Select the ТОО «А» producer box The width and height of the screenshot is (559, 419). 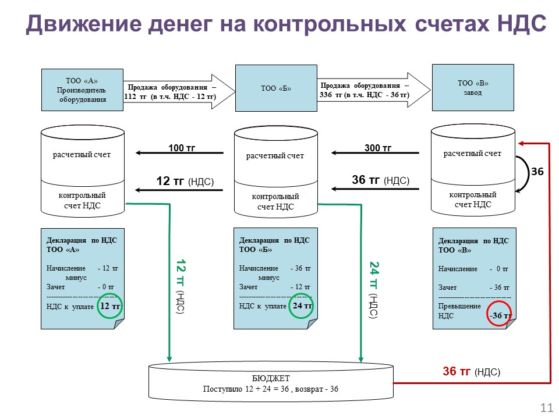[x=82, y=90]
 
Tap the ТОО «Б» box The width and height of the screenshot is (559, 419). [x=275, y=88]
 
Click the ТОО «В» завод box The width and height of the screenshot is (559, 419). [x=473, y=88]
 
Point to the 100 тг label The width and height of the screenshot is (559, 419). [x=181, y=148]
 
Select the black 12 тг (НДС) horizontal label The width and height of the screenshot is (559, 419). [x=185, y=182]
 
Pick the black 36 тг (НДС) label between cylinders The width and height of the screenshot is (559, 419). [x=381, y=181]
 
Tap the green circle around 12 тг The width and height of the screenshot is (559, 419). [x=110, y=306]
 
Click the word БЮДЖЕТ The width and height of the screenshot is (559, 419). [x=270, y=378]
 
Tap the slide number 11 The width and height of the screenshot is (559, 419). [x=546, y=407]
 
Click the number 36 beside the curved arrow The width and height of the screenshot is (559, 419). [x=537, y=172]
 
